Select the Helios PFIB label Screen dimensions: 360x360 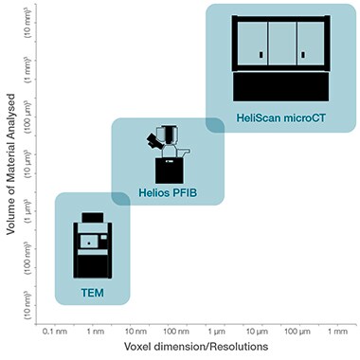(167, 192)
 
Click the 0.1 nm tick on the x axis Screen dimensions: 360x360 (54, 332)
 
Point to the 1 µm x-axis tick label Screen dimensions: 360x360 (214, 332)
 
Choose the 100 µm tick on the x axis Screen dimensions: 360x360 (296, 332)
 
